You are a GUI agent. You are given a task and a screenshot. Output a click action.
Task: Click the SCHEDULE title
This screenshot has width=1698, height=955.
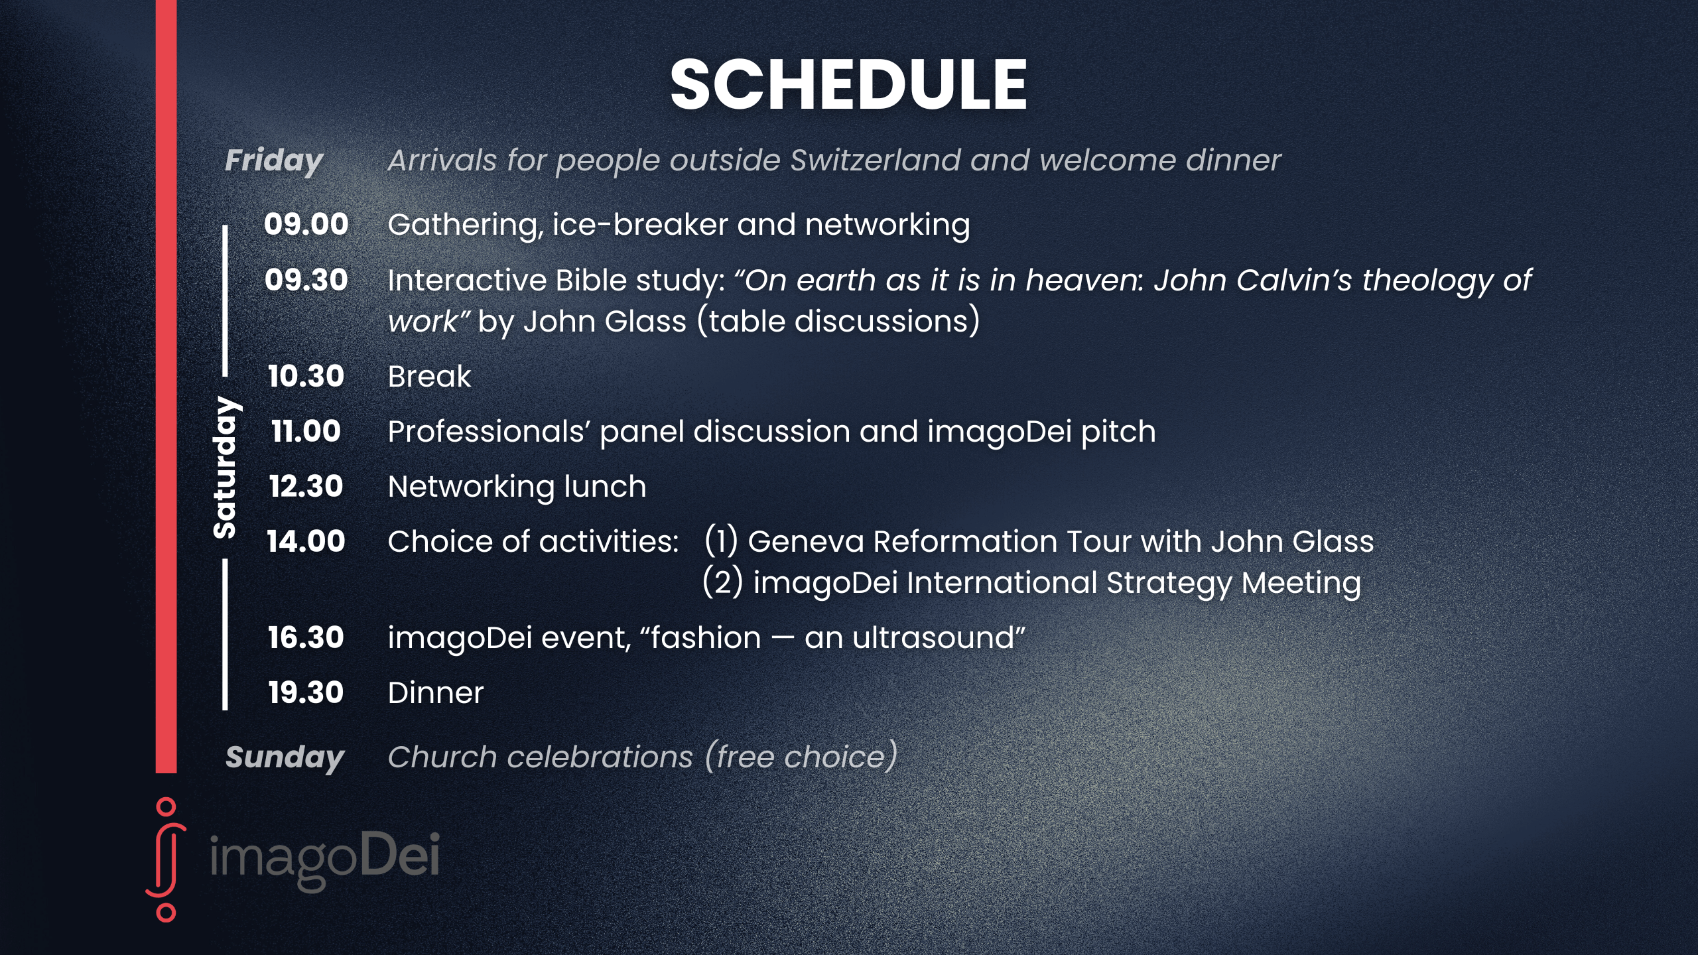pos(848,84)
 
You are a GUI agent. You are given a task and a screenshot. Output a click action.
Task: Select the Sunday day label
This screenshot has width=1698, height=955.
pos(285,757)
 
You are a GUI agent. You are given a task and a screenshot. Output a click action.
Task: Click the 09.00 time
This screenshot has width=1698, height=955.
pos(306,224)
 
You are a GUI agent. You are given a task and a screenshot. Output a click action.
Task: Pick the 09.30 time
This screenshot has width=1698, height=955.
pos(306,280)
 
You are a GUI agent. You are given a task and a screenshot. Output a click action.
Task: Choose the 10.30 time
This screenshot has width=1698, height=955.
pos(306,376)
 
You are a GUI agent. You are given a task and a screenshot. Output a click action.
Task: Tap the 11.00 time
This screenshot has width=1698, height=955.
pos(306,431)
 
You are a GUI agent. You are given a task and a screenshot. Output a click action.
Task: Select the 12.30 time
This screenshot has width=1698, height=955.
pos(306,486)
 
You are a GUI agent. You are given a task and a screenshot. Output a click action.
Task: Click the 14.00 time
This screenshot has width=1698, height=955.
pos(306,541)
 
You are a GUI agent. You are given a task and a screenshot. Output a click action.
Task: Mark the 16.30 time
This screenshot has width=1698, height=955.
pos(306,637)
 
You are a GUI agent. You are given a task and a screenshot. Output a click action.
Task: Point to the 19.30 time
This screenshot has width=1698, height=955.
pos(306,692)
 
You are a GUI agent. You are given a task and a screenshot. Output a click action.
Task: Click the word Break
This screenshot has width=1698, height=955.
pos(429,377)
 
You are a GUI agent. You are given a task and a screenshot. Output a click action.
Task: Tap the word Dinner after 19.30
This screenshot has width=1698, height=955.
pos(436,693)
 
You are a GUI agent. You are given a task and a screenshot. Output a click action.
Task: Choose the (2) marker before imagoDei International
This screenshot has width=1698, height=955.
pos(722,582)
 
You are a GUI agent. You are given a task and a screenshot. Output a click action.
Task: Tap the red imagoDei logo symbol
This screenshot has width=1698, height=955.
pos(166,860)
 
